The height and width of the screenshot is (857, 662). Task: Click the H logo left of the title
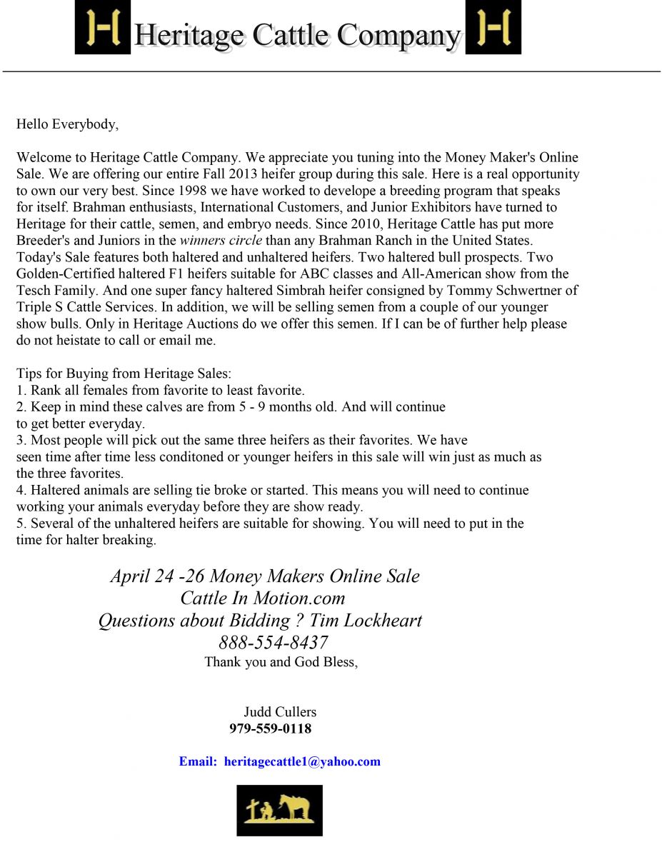103,27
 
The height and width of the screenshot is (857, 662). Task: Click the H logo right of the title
493,27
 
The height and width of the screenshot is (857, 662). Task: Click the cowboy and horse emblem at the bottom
279,811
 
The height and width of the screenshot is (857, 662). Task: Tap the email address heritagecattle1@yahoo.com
302,761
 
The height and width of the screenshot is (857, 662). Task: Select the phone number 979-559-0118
270,728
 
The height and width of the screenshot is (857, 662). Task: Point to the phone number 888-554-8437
274,642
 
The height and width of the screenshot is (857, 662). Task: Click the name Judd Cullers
280,711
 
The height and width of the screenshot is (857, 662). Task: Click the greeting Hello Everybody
67,124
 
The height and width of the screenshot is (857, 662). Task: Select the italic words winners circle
221,241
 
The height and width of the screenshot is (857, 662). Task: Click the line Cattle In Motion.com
263,598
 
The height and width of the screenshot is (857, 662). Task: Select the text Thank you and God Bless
281,662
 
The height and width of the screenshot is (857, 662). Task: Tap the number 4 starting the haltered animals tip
20,490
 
